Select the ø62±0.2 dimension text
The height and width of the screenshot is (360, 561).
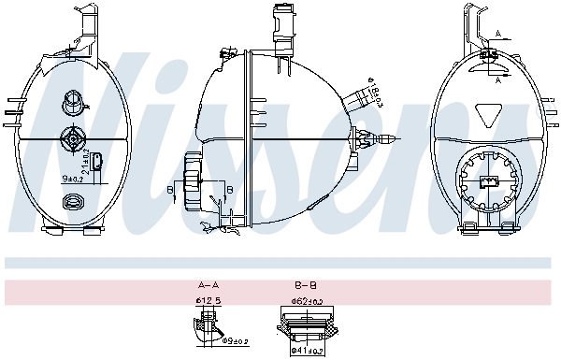tap(306, 301)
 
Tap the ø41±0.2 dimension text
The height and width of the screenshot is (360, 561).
tap(306, 351)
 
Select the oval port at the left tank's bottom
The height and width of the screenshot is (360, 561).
tap(72, 201)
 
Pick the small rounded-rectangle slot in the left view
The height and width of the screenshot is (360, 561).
tap(99, 169)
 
